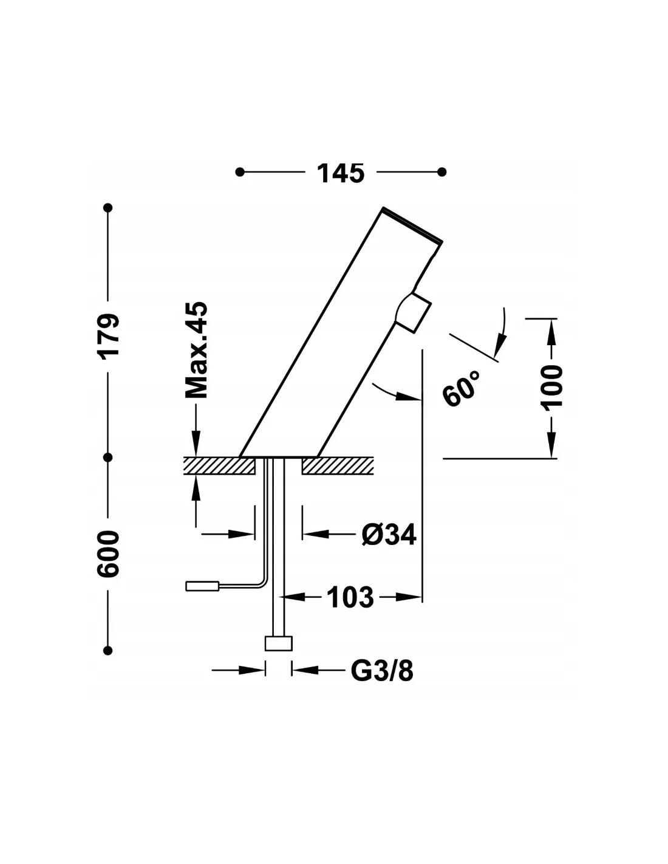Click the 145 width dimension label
pos(340,173)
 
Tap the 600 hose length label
pos(108,554)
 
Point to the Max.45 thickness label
pos(196,350)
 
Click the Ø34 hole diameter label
pos(389,535)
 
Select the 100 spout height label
pos(551,386)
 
